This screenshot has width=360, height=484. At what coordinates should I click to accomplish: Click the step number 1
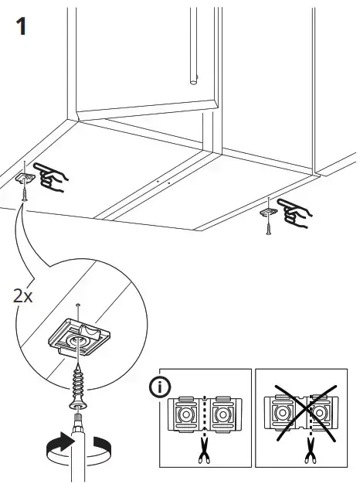pos(22,26)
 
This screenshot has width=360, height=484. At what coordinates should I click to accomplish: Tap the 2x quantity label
pos(22,296)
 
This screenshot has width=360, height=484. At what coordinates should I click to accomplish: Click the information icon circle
pos(160,387)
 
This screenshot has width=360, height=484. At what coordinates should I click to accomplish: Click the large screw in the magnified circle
pos(77,385)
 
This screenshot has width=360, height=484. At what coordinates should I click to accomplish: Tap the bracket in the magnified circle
pos(80,337)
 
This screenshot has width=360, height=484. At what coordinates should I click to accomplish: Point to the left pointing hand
pos(51,176)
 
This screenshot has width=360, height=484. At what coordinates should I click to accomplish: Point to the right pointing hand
pos(294,213)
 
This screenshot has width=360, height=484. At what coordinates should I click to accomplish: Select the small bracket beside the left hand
pos(25,178)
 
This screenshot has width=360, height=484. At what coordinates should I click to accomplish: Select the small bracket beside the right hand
pos(269,212)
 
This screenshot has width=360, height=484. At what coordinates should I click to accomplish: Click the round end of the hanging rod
pos(193,82)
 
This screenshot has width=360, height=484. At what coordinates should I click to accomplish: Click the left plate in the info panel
pos(185,414)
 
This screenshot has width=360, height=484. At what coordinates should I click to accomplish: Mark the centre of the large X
pos(305,413)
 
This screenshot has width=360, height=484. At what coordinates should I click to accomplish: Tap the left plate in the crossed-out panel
pos(282,413)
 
